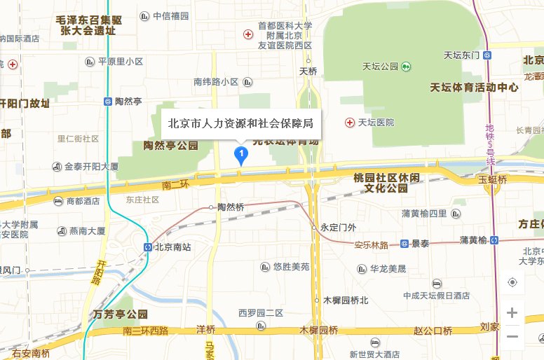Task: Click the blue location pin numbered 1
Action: point(241,155)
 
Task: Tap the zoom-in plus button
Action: point(512,312)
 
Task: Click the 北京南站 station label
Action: point(172,247)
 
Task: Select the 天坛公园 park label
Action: point(381,67)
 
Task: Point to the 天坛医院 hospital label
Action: point(376,123)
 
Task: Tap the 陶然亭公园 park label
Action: point(170,146)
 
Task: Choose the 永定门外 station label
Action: point(338,227)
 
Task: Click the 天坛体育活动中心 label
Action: point(474,88)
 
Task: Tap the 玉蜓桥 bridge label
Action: point(492,179)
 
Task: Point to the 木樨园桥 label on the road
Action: point(318,330)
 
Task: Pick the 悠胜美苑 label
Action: point(291,267)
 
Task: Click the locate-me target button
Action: point(512,282)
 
